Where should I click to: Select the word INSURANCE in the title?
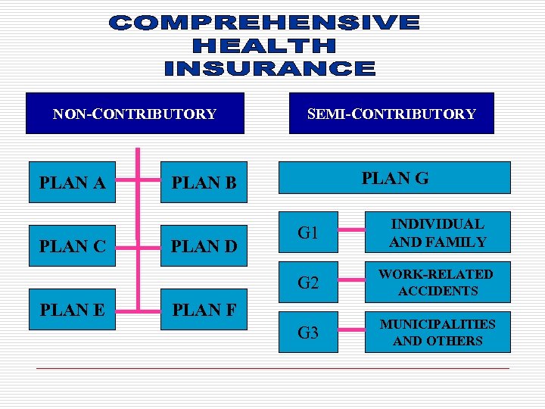tap(269, 69)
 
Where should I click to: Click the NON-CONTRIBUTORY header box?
tap(135, 114)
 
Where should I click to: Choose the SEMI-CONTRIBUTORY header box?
tap(391, 114)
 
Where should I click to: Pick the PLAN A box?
tap(72, 183)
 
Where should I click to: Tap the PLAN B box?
tap(204, 183)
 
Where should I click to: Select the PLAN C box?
tap(72, 246)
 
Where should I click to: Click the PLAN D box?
tap(204, 246)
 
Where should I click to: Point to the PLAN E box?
tap(72, 310)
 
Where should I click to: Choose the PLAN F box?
tap(204, 310)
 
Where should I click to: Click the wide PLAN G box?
tap(395, 179)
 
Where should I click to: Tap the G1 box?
tap(308, 233)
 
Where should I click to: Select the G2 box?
tap(308, 283)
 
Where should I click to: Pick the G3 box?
tap(308, 332)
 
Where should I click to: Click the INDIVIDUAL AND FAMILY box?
tap(438, 233)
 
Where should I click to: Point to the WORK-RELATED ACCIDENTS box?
tap(438, 283)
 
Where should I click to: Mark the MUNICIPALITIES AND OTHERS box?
tap(438, 332)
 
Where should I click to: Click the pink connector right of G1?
tap(350, 232)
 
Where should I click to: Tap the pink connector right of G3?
tap(350, 330)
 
